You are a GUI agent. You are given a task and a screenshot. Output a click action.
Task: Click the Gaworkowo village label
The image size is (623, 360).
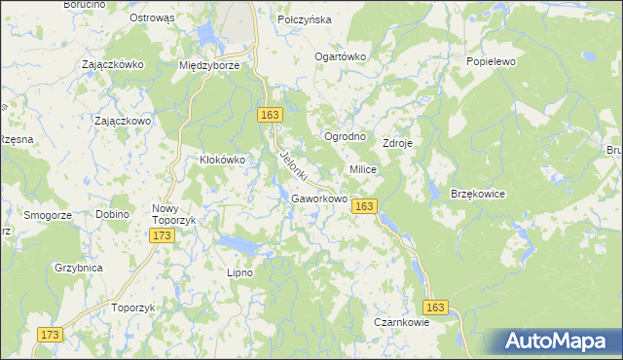(319, 198)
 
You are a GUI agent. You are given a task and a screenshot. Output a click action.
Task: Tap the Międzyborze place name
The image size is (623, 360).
(209, 65)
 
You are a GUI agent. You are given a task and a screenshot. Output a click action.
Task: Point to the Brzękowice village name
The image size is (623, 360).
(477, 194)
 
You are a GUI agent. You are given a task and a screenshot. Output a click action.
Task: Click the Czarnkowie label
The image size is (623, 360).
(401, 322)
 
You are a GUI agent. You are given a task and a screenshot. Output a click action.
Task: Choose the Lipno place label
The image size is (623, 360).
(239, 272)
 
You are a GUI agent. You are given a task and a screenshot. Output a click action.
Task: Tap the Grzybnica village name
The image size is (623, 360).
(79, 266)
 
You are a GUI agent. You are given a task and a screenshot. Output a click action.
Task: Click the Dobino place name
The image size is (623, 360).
(113, 214)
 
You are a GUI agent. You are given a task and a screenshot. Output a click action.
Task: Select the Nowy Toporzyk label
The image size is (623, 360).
(174, 214)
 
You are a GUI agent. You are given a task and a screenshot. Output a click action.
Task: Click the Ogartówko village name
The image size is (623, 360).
(339, 56)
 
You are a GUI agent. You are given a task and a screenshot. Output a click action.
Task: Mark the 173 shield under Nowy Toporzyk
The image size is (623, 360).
(163, 236)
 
